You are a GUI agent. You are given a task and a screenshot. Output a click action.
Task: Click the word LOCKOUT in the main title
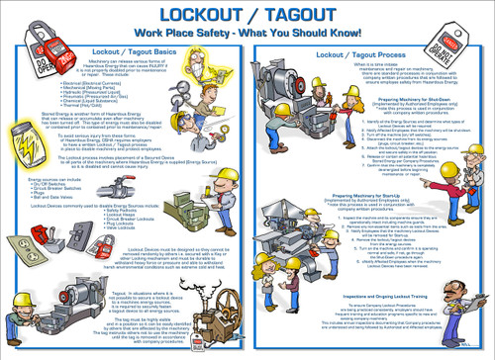198,14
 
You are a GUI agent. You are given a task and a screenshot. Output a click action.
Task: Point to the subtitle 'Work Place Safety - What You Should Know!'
247,33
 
